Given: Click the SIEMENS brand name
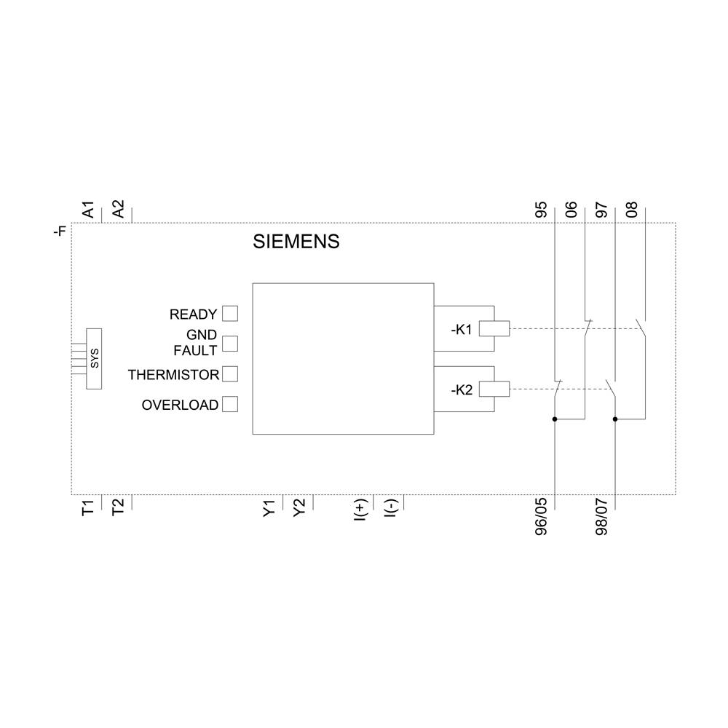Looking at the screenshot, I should [x=296, y=242].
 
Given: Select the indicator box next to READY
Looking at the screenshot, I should [x=229, y=313].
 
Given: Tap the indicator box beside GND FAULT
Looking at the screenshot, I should [x=229, y=343].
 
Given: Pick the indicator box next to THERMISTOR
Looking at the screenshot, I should [x=229, y=373].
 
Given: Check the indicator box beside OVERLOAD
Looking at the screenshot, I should [x=229, y=404].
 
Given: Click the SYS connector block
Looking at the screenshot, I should [x=94, y=358].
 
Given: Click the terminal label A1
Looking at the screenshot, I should [x=88, y=210].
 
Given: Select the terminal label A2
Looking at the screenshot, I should [x=118, y=210].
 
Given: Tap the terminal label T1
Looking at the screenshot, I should [x=88, y=507].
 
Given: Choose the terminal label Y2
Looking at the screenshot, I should [x=299, y=508].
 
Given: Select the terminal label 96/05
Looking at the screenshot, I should [x=542, y=517].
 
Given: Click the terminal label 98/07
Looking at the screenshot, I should [x=602, y=517].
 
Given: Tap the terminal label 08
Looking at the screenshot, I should [x=632, y=210].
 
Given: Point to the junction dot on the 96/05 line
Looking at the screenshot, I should [x=555, y=419].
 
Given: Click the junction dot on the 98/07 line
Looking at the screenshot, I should [x=615, y=419].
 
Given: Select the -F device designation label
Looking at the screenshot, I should [x=60, y=232].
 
